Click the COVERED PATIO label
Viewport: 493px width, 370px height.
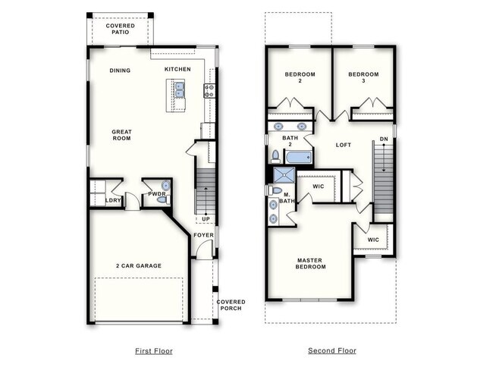(x=120, y=29)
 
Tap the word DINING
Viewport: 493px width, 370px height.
(x=120, y=71)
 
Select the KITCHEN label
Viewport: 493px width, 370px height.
(x=177, y=70)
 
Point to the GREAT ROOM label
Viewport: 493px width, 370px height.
(x=121, y=135)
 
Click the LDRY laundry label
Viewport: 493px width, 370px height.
(x=113, y=200)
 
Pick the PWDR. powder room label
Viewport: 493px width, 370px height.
(x=156, y=194)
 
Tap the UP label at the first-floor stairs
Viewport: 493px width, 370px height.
(x=206, y=219)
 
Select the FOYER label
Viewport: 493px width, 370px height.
(x=203, y=235)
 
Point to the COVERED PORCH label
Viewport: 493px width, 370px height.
(x=231, y=306)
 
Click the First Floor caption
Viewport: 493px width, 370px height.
(x=153, y=351)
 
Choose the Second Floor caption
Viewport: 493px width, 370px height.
(x=331, y=351)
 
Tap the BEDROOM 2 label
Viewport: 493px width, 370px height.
(x=300, y=77)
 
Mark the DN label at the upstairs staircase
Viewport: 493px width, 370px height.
(x=384, y=139)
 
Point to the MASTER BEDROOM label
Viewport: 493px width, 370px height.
(x=310, y=263)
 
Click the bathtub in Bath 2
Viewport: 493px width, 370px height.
(x=297, y=158)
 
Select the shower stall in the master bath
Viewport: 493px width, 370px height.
(x=282, y=176)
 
